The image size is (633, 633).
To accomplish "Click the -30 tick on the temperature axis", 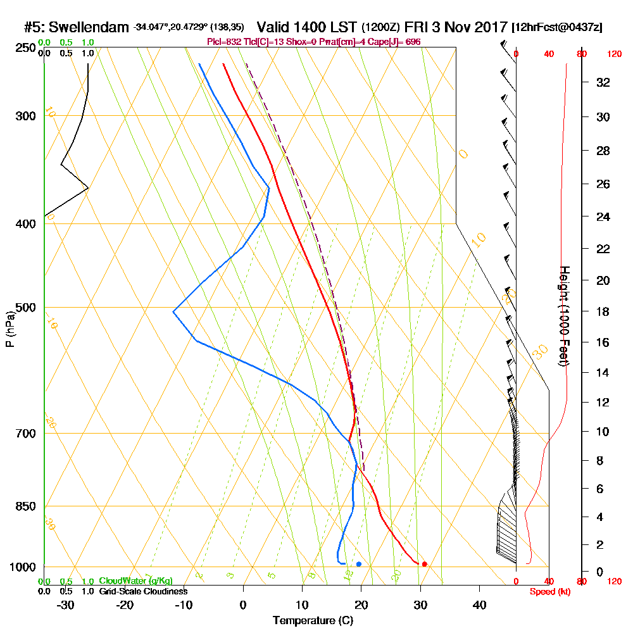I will pos(66,605).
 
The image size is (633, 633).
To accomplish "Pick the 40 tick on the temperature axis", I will pos(479,605).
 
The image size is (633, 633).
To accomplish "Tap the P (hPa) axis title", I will pos(9,329).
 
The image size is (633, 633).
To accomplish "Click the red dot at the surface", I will pos(424,564).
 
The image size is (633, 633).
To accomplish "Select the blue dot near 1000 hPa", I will pos(359,564).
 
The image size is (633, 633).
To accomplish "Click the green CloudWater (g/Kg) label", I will pos(135,581).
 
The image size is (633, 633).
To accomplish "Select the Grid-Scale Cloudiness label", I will pos(143,591).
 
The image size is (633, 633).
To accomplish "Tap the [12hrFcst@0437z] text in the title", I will pos(558,28).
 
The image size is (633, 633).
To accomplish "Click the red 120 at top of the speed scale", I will pos(613,54).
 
